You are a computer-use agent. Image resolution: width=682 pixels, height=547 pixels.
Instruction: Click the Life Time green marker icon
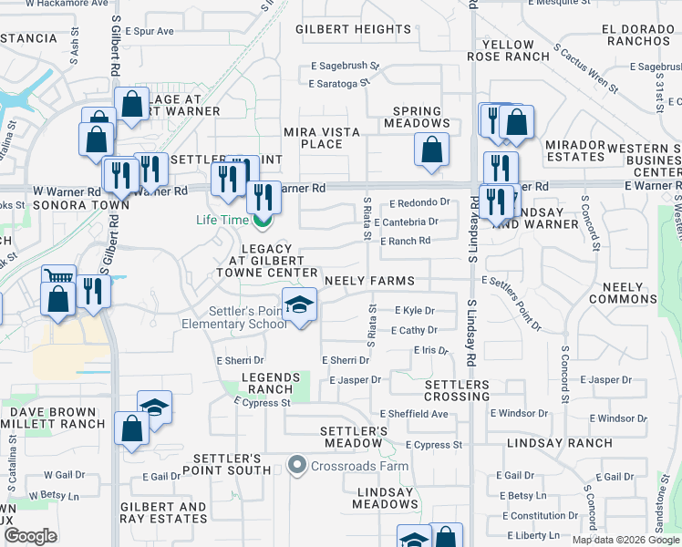262,220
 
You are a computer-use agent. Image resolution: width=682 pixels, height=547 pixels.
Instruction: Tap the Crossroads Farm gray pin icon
295,466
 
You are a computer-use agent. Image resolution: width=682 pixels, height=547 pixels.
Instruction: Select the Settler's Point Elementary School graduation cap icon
298,305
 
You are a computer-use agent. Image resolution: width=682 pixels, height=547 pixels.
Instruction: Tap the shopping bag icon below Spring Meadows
431,150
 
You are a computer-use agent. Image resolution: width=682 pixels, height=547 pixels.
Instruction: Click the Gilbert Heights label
346,30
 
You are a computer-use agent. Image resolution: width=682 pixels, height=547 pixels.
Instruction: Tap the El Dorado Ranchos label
640,35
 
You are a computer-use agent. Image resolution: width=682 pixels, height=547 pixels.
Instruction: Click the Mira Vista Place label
321,138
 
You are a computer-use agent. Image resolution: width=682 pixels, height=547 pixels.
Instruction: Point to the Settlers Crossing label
458,390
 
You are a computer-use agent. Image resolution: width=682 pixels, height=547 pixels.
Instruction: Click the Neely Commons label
629,293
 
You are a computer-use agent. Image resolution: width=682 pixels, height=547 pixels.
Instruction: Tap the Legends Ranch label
270,383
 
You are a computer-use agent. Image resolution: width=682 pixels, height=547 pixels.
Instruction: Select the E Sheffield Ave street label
414,414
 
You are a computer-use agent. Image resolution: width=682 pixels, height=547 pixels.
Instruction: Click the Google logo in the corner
30,536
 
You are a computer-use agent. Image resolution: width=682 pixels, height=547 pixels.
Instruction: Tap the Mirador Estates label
575,150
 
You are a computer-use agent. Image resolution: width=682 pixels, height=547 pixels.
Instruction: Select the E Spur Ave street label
150,31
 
